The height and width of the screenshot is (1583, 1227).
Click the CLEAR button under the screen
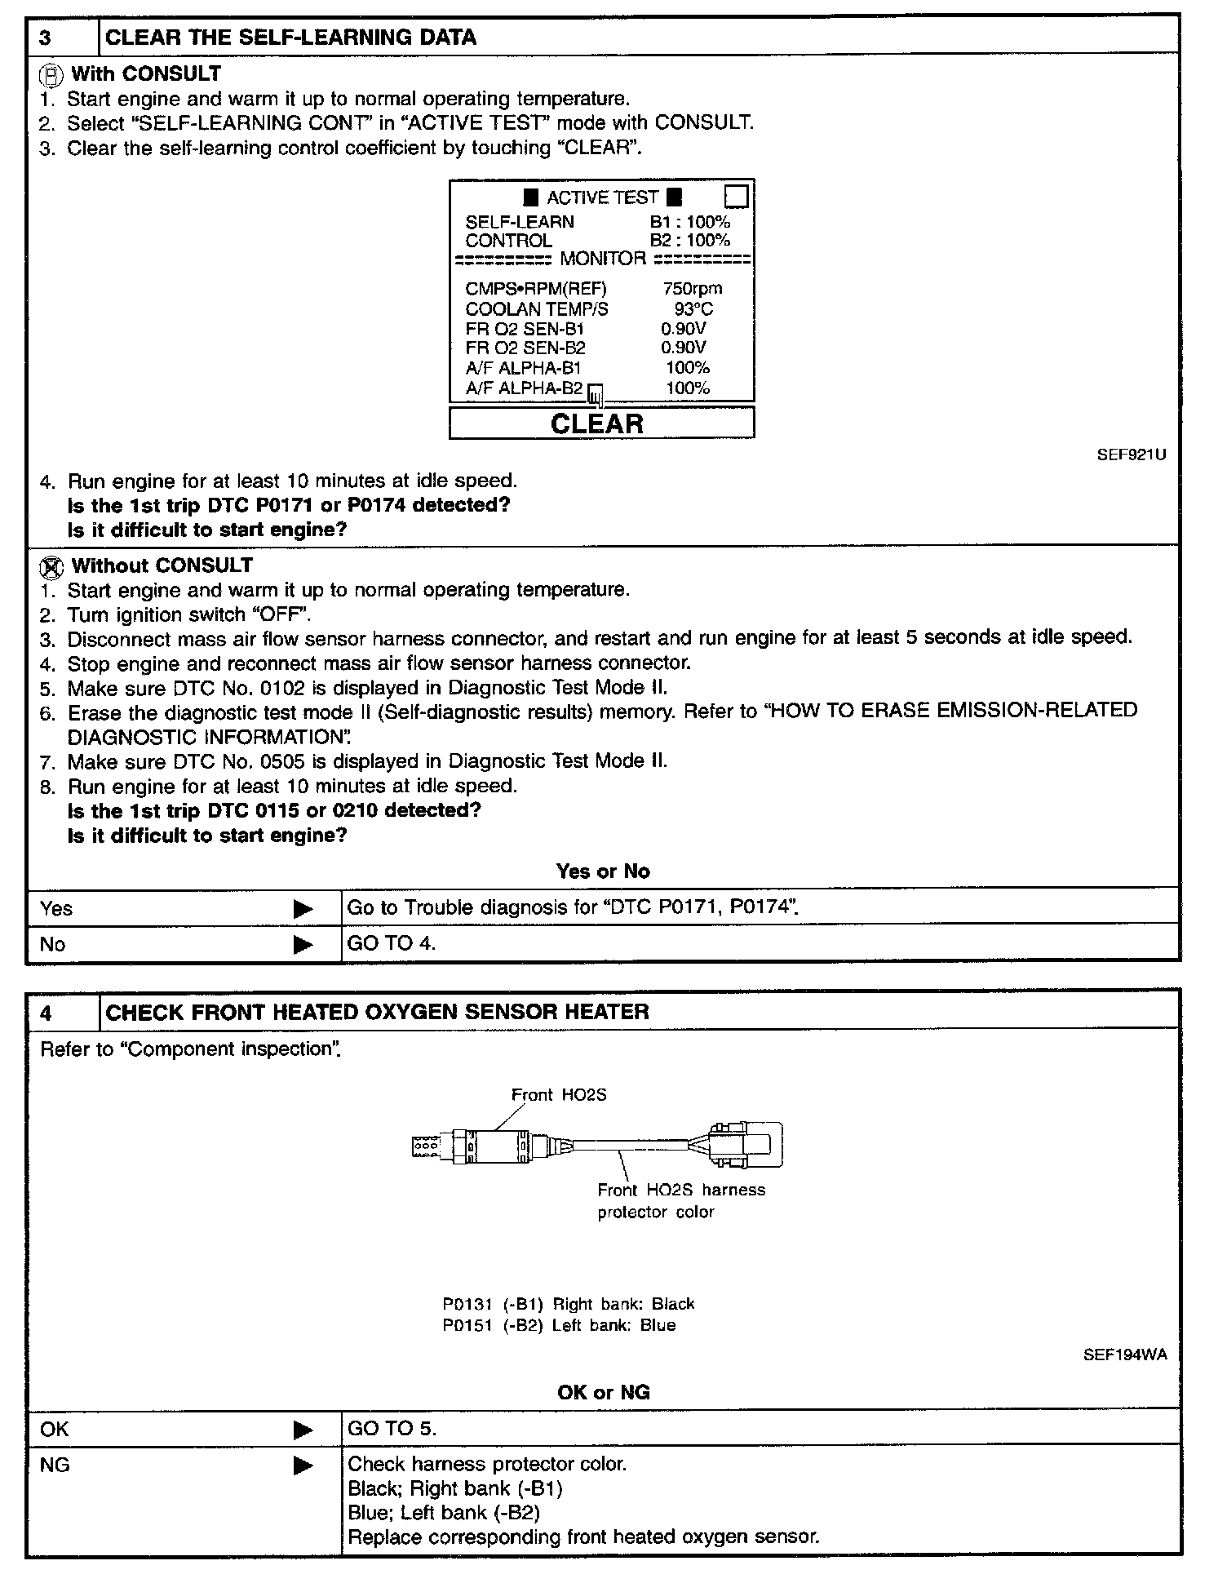[x=601, y=423]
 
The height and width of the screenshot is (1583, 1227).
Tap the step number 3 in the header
[x=46, y=38]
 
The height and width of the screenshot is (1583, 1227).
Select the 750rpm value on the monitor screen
[x=692, y=289]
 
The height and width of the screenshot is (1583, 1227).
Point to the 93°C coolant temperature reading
[x=693, y=309]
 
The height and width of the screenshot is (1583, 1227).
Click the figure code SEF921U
[x=1131, y=455]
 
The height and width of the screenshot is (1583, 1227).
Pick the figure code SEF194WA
[x=1124, y=1355]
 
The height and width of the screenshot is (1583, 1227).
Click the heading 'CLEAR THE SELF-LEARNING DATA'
[x=291, y=38]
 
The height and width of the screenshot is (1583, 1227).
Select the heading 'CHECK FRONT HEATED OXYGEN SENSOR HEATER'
[x=377, y=1013]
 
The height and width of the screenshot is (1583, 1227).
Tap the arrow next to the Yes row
[x=303, y=908]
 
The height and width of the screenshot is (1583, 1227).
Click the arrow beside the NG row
[x=303, y=1465]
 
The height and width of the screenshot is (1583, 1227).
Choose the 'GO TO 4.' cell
[x=392, y=944]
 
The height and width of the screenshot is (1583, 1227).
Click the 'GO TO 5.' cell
[x=392, y=1429]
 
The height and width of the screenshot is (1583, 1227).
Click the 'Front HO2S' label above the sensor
[x=559, y=1095]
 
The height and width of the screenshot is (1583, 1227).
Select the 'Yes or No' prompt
[x=603, y=871]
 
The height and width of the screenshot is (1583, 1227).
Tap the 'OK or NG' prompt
[x=603, y=1392]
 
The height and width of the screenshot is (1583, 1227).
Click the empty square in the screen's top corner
[x=736, y=197]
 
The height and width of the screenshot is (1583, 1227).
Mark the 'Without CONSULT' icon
[x=51, y=566]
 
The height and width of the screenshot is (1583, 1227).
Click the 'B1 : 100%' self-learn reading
[x=689, y=222]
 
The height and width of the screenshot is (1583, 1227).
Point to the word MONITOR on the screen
[x=602, y=259]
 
